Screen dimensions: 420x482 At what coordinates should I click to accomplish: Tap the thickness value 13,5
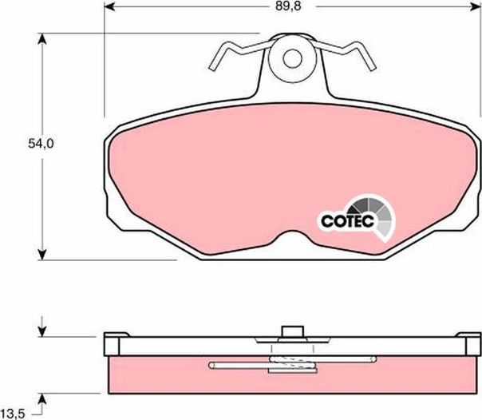17,412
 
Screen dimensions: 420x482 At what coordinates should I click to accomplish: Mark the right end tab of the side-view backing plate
469,345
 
